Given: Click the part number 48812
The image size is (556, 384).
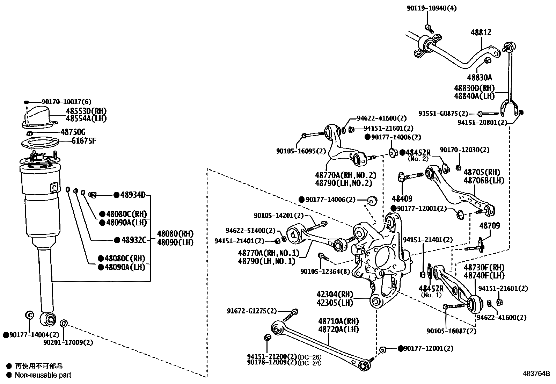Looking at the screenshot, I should point(481,32).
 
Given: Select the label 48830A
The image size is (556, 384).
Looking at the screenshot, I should point(480,78).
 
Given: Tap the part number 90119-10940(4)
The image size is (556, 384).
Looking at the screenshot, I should point(431,8).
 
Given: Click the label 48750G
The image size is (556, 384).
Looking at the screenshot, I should point(73,132).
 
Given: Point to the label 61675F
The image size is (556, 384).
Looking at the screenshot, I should point(84,141).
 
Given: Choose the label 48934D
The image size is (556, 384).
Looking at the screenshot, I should point(132,195).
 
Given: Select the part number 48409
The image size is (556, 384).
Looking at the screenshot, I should point(402,199).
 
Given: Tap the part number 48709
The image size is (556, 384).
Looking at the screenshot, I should point(489,226).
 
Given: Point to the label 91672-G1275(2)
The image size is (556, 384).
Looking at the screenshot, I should point(251,311).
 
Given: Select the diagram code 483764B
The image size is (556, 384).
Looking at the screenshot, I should point(536,373).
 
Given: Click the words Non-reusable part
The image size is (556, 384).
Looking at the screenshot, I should point(43,375).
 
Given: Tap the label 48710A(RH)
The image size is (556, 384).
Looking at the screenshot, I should point(338,321).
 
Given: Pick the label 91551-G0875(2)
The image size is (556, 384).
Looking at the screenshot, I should point(443,113).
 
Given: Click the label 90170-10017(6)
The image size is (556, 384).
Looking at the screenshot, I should point(66,102).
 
